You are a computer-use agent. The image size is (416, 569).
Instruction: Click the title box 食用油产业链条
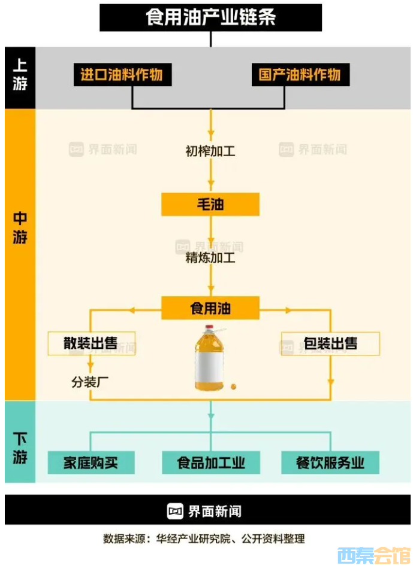[210, 17]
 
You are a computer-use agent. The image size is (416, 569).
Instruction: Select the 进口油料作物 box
[122, 75]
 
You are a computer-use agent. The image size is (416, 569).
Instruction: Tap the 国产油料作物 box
[300, 75]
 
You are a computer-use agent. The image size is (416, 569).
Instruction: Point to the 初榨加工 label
[210, 151]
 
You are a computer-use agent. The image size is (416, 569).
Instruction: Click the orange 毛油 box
[210, 205]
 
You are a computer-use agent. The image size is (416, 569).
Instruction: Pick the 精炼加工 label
[210, 258]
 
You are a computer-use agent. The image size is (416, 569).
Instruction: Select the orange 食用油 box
[210, 309]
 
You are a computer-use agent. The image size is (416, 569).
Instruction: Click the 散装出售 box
[91, 343]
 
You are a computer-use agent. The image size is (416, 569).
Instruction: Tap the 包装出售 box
[330, 343]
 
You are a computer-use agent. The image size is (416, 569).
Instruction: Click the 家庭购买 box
[91, 463]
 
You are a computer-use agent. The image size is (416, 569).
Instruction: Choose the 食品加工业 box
[210, 463]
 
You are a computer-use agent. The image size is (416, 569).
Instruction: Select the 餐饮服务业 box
[330, 463]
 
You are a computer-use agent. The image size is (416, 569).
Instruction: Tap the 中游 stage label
[20, 228]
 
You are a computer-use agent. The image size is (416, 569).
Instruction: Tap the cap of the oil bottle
[210, 328]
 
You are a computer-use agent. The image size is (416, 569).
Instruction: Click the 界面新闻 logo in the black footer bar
[206, 511]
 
